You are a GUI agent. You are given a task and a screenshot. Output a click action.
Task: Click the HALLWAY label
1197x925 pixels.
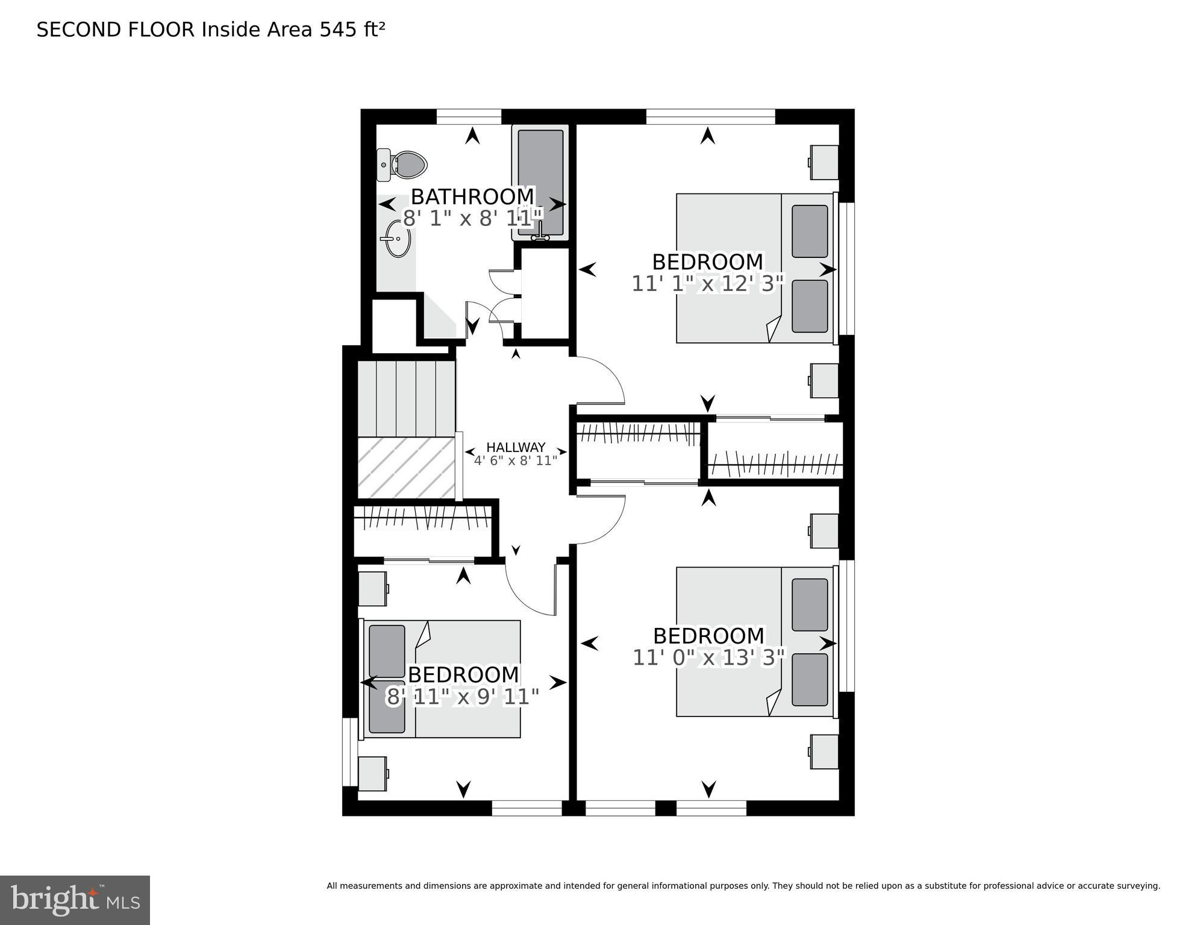[516, 447]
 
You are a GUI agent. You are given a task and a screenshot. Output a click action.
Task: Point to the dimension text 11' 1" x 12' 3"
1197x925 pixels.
[708, 284]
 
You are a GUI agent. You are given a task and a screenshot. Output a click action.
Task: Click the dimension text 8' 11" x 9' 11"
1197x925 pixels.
[462, 697]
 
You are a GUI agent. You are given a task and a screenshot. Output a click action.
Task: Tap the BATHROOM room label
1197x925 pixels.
[473, 196]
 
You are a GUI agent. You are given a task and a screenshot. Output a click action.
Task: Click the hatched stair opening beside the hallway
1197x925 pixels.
[406, 468]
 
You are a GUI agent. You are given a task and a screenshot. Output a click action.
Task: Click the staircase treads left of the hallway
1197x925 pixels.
[406, 398]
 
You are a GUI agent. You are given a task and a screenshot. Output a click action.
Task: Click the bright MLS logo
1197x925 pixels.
[75, 900]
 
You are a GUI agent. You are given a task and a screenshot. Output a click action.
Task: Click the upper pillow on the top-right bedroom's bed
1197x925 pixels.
[809, 231]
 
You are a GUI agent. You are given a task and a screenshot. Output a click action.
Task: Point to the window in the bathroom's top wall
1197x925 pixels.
[469, 116]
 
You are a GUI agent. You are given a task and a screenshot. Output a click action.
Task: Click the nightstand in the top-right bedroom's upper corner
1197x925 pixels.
[824, 162]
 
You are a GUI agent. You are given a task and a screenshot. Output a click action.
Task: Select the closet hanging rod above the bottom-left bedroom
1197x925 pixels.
[422, 518]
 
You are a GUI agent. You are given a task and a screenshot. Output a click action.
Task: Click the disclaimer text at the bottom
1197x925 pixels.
[743, 886]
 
